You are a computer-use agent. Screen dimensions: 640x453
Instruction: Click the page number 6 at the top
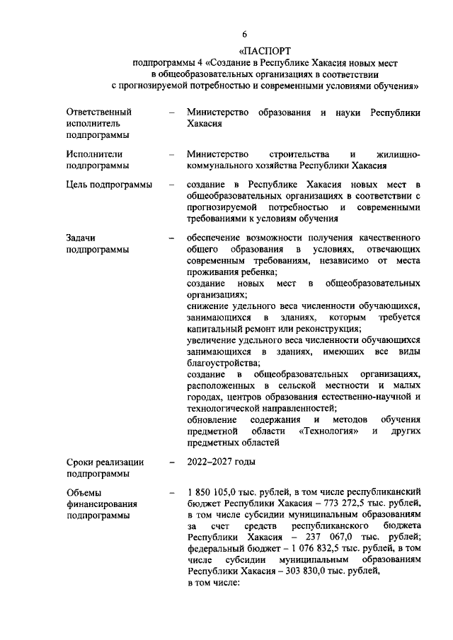244,34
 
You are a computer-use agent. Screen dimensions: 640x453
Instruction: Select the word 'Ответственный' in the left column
99,112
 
